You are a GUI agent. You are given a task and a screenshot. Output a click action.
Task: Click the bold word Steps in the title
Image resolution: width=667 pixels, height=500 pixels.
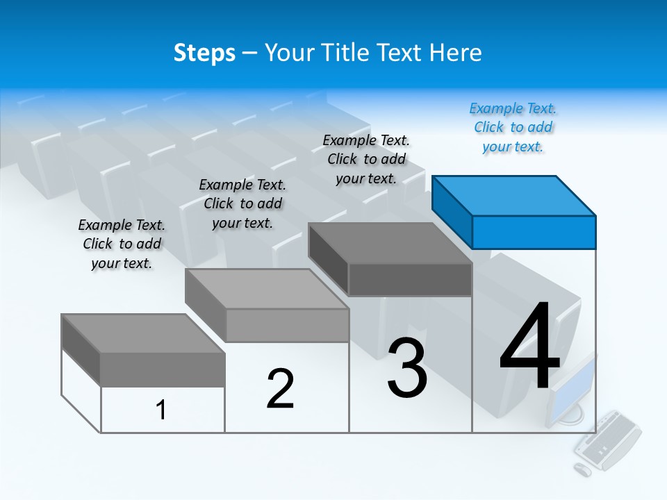(204, 53)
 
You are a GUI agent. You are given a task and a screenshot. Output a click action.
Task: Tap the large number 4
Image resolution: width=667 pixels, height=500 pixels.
(529, 347)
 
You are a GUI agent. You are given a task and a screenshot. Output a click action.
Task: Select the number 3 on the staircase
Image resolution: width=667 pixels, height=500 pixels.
(407, 368)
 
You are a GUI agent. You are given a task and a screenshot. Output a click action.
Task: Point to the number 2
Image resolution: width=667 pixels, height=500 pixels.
(280, 389)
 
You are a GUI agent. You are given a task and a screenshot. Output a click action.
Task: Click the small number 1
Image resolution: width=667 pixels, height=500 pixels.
(160, 410)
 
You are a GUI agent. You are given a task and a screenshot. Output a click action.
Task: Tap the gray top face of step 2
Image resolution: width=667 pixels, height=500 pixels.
(267, 289)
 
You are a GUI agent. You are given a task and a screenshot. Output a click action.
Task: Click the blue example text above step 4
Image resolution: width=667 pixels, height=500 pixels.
(513, 128)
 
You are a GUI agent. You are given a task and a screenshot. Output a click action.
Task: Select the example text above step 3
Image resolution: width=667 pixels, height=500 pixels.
(366, 160)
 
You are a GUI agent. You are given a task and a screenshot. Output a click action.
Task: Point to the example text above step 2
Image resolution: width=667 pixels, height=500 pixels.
(242, 203)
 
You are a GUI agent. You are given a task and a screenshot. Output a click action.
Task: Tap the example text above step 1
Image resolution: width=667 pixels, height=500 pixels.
(122, 244)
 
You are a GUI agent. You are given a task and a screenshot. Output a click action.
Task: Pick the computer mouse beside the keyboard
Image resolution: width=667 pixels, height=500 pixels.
(582, 469)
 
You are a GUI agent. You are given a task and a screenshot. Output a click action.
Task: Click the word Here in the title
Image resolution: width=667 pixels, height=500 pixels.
(456, 53)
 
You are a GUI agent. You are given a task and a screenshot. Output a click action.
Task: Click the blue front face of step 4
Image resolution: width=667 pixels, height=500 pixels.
(534, 232)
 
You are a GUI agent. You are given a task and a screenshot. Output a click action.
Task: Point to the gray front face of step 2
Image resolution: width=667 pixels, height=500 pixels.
(288, 325)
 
